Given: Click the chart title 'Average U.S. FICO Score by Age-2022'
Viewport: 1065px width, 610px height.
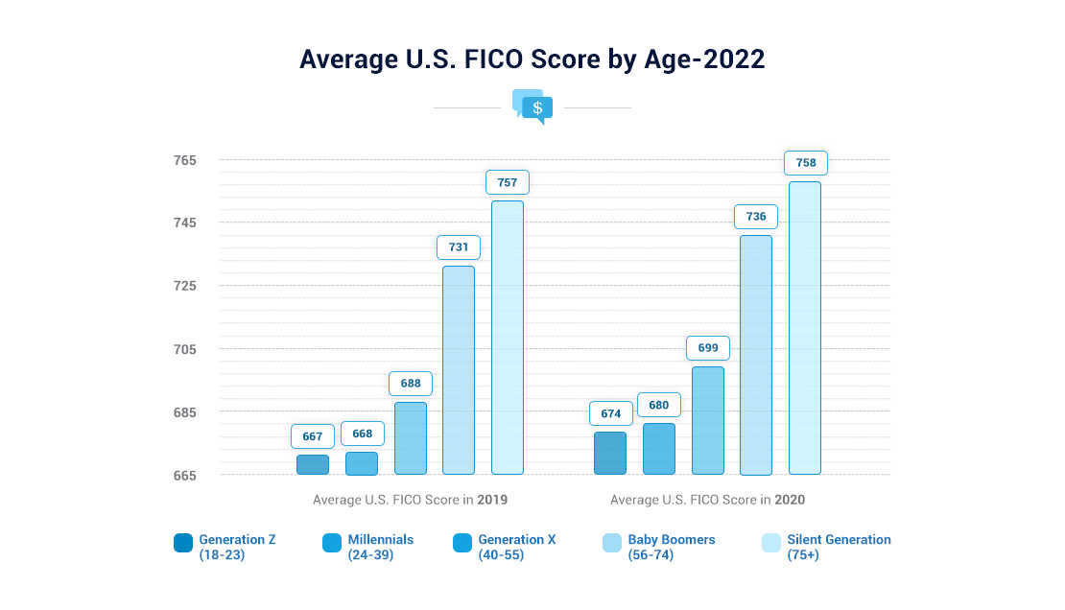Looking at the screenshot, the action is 532,59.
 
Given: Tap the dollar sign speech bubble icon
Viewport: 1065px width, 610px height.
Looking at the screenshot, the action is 532,106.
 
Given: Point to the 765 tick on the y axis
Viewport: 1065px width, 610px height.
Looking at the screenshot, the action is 185,160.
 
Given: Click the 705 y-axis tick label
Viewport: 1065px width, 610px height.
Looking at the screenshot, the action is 185,349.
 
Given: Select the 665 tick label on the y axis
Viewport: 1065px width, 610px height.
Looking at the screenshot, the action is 185,476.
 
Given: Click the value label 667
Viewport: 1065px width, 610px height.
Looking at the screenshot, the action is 313,436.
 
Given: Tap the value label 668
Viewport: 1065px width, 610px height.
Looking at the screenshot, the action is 362,434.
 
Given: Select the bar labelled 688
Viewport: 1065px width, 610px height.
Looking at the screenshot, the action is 411,438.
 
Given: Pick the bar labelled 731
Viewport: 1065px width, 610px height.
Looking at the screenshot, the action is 459,370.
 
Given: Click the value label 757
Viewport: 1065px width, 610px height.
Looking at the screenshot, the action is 508,182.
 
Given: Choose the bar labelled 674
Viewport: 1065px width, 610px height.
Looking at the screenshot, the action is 610,453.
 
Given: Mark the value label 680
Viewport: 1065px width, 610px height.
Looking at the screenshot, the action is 659,405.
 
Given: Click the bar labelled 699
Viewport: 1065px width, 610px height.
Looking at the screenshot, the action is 708,420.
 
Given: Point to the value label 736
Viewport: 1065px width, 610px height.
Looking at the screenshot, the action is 756,217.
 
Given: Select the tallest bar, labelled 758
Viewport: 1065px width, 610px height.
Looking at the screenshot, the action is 805,328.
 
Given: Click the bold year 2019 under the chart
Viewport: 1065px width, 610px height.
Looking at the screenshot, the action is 492,500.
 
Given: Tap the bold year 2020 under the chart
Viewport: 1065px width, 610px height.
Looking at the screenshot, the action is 790,500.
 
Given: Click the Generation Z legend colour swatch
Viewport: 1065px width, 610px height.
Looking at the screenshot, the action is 183,543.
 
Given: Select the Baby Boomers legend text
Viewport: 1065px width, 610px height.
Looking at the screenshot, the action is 672,547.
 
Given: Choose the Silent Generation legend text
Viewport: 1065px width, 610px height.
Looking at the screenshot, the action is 839,547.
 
